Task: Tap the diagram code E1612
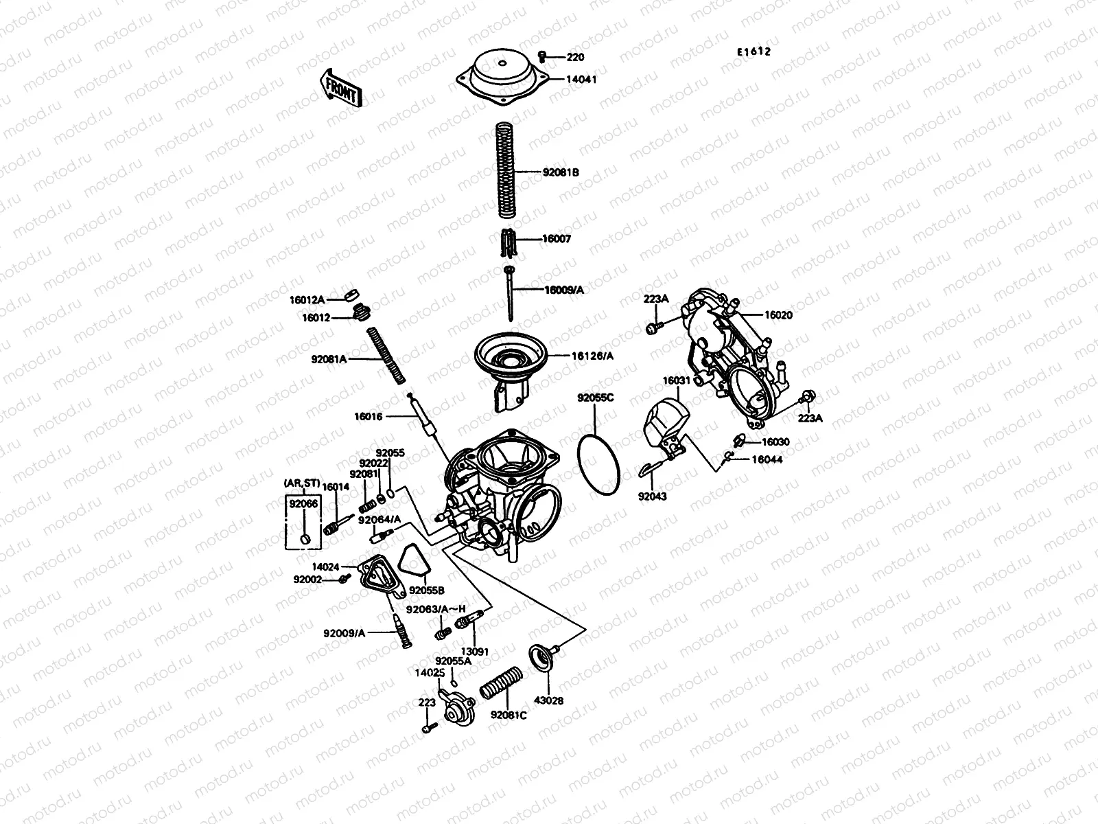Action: click(x=754, y=51)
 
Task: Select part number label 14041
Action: click(x=581, y=80)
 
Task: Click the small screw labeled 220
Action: click(x=542, y=56)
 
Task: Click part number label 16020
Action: click(x=778, y=315)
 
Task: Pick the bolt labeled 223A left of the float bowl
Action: click(x=653, y=329)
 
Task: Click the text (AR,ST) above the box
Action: click(x=302, y=483)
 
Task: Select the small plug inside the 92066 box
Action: click(x=303, y=540)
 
